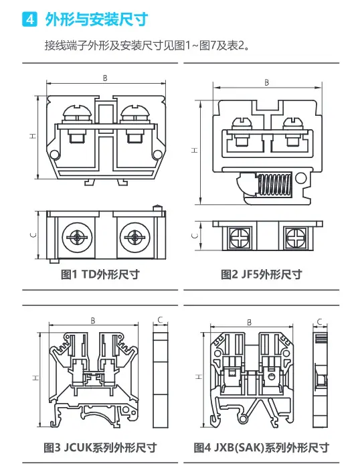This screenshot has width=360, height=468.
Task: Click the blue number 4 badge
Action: point(29,19)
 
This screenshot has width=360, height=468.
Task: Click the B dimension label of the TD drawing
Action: point(105,78)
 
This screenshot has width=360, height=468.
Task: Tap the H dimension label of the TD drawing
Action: point(33,136)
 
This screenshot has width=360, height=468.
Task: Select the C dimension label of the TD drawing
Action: point(33,235)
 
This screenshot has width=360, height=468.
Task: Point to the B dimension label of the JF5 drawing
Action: point(267,82)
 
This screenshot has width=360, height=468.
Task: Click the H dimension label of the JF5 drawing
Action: point(195,150)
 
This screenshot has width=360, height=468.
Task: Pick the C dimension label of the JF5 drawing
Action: point(195,236)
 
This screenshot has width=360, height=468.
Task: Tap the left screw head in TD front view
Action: point(77,114)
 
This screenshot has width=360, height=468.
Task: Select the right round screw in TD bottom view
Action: point(134,237)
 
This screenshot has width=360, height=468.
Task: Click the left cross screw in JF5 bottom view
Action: point(239,238)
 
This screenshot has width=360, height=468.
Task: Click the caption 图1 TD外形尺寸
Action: point(100,274)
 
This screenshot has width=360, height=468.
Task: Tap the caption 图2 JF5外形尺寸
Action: point(262,274)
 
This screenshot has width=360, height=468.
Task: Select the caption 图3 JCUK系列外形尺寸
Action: point(100,447)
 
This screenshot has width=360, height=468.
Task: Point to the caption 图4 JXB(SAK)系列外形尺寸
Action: point(262,447)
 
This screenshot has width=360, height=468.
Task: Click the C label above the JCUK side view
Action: point(161,320)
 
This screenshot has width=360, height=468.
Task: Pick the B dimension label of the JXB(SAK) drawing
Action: point(250,323)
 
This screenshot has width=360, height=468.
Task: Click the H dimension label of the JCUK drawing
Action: point(35,378)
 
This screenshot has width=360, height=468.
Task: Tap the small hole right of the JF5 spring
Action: point(300,179)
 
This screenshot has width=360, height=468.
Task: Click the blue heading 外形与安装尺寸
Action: point(96,19)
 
